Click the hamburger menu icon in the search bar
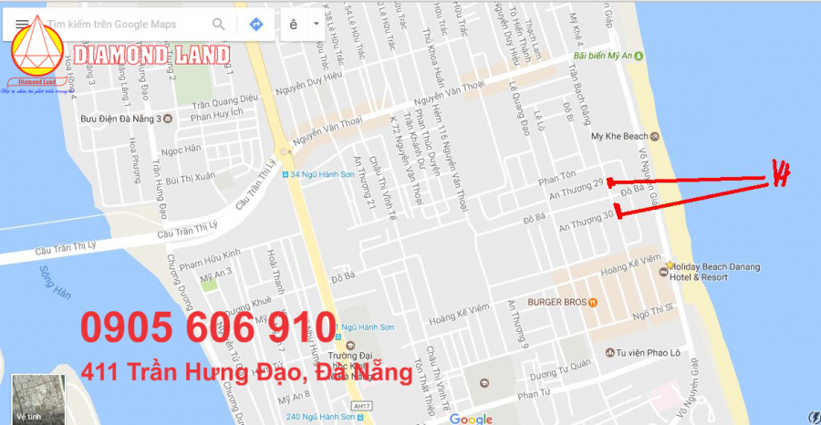pos(21,25)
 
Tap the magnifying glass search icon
pos(219,25)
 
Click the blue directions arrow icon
pos(256,25)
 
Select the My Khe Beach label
pos(618,137)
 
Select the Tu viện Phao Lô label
pos(648,353)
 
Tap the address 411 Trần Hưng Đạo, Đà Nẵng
pos(246,372)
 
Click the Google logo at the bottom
pos(471,419)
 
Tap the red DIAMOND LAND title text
pos(152,56)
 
